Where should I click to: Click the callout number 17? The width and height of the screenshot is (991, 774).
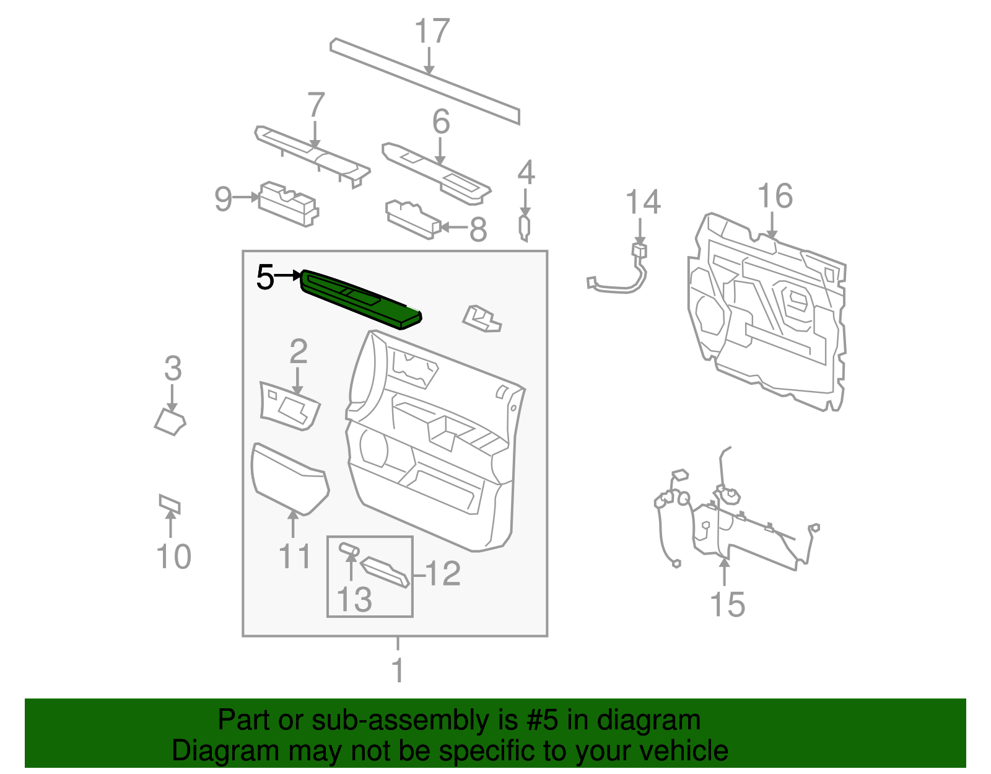[431, 32]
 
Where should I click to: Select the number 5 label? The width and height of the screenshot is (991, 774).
[265, 277]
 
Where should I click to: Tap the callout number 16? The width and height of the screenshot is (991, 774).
[775, 196]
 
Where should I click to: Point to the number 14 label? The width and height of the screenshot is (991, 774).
[643, 203]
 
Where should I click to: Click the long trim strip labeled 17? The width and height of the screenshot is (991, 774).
[425, 81]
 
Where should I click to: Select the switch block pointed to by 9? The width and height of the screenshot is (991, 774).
[288, 203]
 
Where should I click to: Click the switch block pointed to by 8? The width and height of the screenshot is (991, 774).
[412, 218]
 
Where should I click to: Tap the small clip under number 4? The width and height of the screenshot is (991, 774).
[524, 227]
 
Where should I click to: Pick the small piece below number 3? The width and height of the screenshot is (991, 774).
[170, 421]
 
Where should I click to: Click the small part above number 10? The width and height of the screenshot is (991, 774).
[169, 504]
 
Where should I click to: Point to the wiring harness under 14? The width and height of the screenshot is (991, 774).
[619, 282]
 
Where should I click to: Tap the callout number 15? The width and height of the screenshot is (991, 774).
[727, 604]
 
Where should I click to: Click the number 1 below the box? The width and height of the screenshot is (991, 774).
[398, 671]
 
